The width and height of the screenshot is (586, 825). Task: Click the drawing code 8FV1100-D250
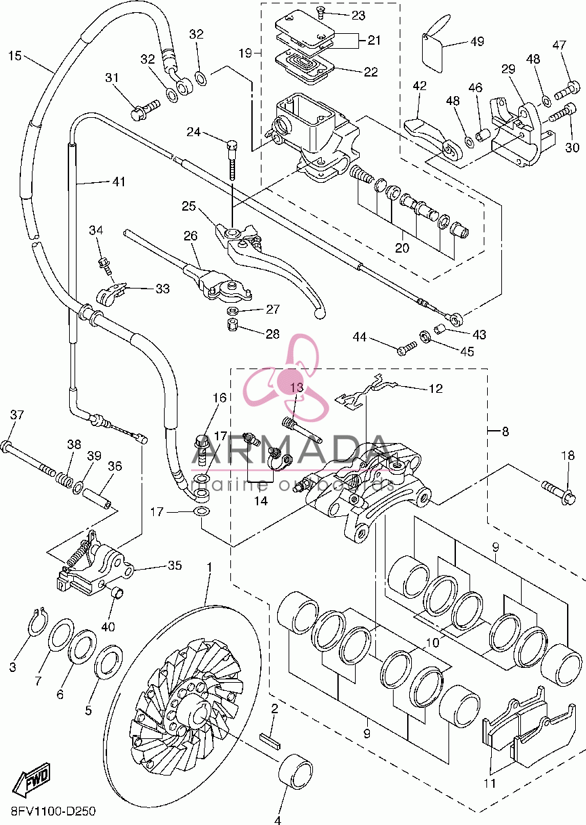click(x=54, y=811)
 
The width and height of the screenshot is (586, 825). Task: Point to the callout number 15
click(x=15, y=56)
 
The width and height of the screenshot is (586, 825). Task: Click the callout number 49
click(x=477, y=41)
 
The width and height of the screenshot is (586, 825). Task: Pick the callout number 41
click(x=119, y=182)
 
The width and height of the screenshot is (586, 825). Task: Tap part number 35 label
click(x=175, y=565)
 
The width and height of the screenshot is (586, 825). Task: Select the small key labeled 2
click(x=270, y=740)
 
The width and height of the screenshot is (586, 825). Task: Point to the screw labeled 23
click(x=320, y=14)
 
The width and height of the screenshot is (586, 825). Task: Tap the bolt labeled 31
click(x=145, y=108)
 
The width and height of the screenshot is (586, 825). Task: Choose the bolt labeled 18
click(x=558, y=493)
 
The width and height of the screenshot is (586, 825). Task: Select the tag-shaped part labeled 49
click(x=435, y=44)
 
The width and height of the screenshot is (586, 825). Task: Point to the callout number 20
click(x=402, y=247)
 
